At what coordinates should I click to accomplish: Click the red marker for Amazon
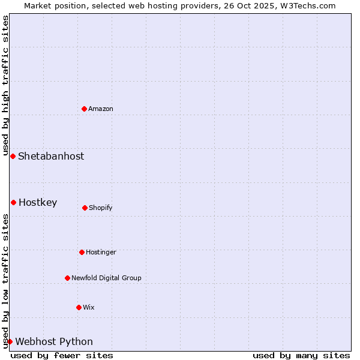[84, 109]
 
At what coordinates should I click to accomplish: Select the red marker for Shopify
[85, 208]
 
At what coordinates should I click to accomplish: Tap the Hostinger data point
[82, 252]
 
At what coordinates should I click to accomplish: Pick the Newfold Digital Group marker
[67, 278]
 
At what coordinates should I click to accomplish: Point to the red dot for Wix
[79, 307]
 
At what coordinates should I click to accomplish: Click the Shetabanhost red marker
[13, 156]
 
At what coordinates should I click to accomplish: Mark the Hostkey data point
[13, 202]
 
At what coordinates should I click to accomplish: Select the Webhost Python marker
[10, 341]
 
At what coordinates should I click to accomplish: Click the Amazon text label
[101, 109]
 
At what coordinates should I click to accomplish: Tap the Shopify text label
[101, 208]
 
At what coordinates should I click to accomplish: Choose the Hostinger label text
[101, 252]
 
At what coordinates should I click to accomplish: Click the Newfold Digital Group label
[106, 278]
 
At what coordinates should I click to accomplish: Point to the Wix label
[89, 307]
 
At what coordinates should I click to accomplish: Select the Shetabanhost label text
[51, 156]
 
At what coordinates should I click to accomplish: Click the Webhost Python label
[54, 341]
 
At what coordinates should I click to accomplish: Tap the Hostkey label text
[38, 202]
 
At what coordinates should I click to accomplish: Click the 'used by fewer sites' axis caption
[62, 355]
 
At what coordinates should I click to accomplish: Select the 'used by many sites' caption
[301, 355]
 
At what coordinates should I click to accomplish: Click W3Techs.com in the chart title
[306, 5]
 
